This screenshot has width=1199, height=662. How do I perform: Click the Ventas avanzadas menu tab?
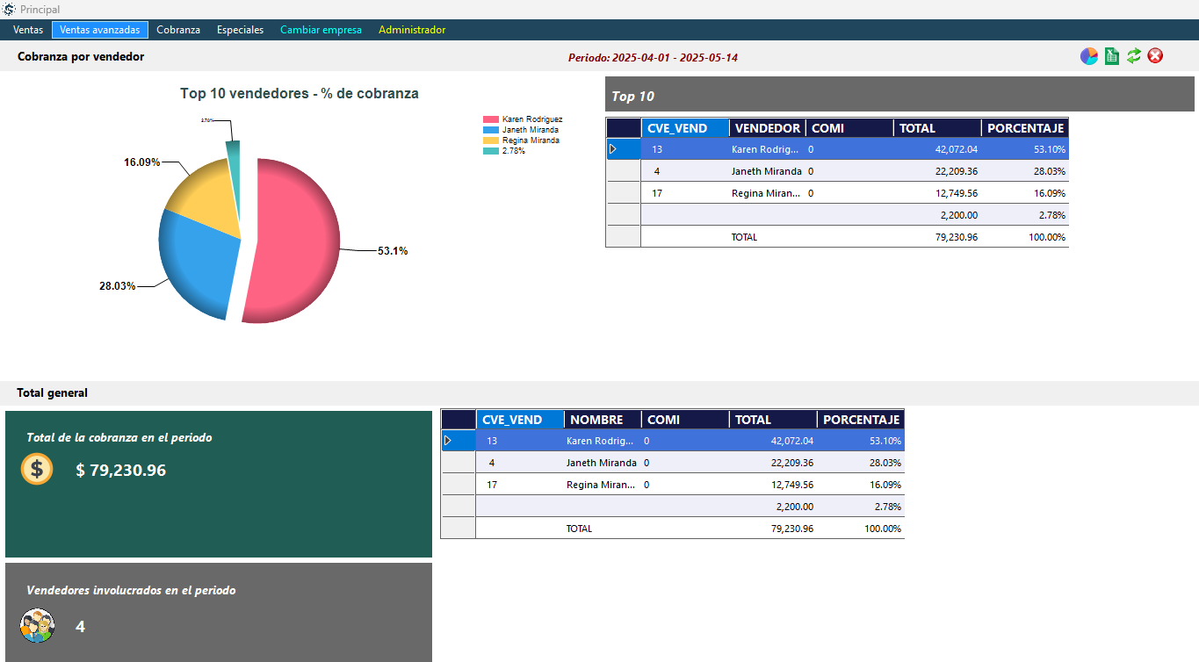[x=99, y=30]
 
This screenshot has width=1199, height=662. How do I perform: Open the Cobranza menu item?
[x=178, y=30]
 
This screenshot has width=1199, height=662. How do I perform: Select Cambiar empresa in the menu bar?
[x=321, y=30]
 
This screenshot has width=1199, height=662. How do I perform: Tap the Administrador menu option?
[x=412, y=30]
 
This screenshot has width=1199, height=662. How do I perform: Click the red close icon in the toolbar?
[x=1155, y=56]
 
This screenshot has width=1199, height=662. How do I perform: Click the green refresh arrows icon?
[x=1134, y=56]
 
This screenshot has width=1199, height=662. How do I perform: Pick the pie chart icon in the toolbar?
[x=1089, y=56]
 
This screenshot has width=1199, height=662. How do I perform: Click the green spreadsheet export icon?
[x=1112, y=56]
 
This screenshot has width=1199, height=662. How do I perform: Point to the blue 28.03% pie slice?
[x=198, y=263]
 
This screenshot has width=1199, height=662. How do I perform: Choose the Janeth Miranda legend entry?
[x=524, y=130]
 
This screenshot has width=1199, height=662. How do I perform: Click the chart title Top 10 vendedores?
[x=299, y=93]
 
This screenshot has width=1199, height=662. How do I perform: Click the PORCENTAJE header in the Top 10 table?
[x=1025, y=128]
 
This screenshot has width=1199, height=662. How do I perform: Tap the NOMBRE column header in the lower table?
[x=596, y=420]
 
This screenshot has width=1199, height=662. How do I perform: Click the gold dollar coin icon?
[x=37, y=469]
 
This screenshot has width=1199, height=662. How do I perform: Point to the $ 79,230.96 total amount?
[x=120, y=471]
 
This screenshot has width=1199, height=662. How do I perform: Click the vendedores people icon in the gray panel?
[x=37, y=626]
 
